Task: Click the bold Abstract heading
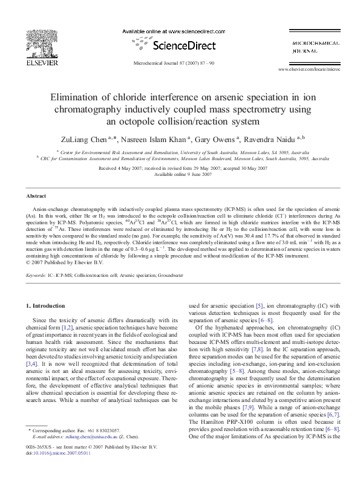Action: click(37, 196)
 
